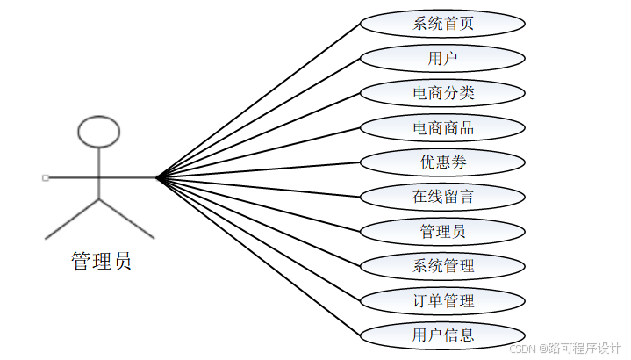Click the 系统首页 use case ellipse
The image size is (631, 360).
443,24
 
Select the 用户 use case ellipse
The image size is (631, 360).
443,59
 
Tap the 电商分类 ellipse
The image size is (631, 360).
443,93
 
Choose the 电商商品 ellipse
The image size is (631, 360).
443,128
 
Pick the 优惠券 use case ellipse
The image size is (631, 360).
443,162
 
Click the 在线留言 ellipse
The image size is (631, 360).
443,197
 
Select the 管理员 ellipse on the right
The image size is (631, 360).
443,232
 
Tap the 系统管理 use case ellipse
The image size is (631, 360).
443,266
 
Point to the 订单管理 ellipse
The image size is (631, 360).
443,301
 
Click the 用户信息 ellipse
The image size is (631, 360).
443,335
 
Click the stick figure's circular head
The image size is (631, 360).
98,132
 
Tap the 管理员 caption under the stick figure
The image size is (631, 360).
101,261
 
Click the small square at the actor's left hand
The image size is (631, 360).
45,178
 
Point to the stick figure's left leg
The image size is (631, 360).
72,219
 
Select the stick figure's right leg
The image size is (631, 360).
126,219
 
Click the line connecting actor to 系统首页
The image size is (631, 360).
259,100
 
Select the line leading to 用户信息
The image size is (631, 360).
259,257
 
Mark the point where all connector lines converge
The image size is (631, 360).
157,178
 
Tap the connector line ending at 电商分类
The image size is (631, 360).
259,135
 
